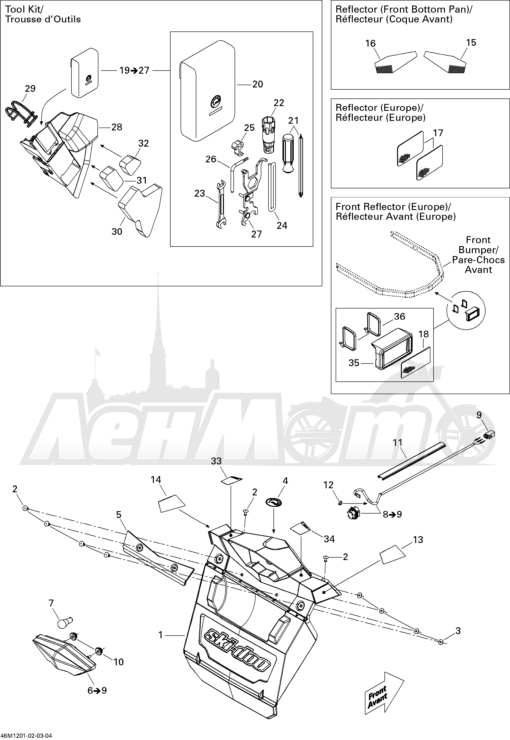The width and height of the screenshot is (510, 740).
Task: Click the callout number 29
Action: [30, 89]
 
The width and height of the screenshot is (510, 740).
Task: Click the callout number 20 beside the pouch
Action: [258, 84]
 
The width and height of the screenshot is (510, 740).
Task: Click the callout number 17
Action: [438, 133]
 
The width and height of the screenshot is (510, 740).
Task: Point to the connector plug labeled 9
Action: [489, 435]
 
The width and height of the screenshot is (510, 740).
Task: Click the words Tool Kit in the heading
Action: [24, 10]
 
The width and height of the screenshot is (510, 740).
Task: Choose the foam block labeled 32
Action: [130, 164]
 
